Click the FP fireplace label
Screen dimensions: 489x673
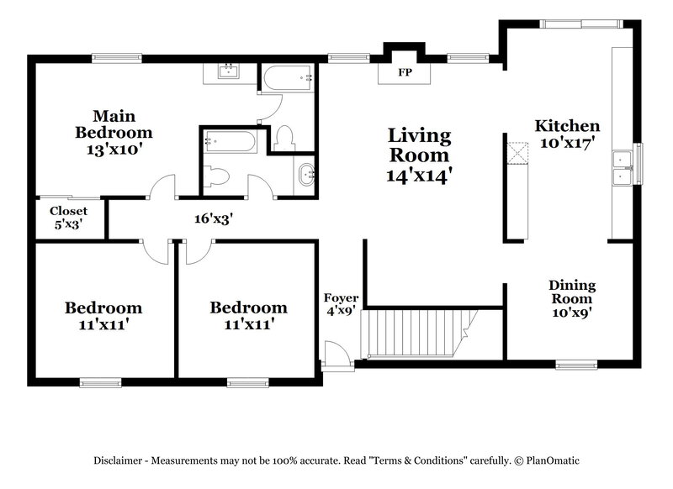(x=405, y=71)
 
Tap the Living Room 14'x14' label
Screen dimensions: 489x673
(x=420, y=155)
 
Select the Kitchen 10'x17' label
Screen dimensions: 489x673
(x=567, y=134)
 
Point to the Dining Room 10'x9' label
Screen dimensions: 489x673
(x=572, y=298)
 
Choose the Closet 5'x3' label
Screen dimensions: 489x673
(x=68, y=218)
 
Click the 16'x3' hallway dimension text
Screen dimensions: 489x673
(x=213, y=218)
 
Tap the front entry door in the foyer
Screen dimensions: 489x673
(x=334, y=353)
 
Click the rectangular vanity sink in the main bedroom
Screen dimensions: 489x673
(x=227, y=71)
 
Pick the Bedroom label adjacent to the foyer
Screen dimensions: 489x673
(x=248, y=315)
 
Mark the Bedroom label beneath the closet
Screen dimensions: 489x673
(x=103, y=315)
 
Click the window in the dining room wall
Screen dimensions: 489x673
(x=576, y=365)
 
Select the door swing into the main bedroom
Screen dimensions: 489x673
(x=163, y=187)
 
